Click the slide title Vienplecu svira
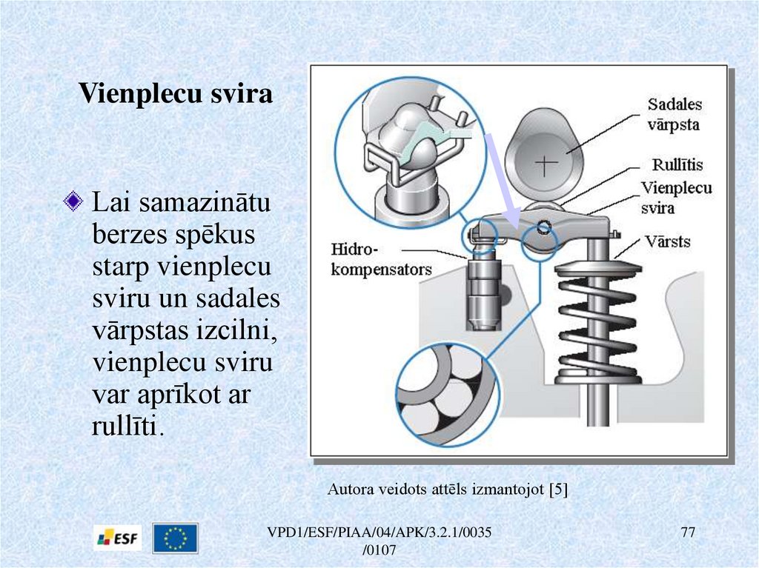tap(176, 94)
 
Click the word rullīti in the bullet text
tap(125, 427)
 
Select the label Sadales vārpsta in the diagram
tap(674, 114)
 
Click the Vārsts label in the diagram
tap(667, 241)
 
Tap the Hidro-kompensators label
tap(381, 258)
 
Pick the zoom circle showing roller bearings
tap(444, 392)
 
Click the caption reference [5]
tap(557, 489)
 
